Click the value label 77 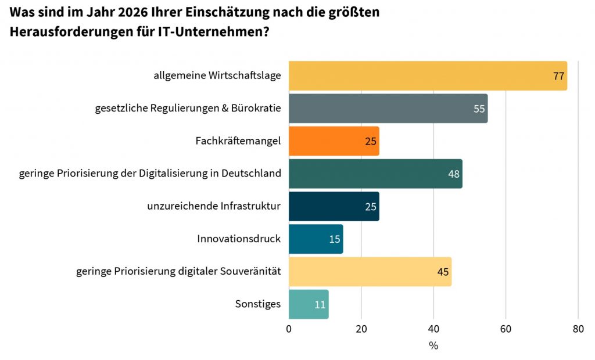559,77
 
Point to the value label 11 320,304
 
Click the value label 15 335,239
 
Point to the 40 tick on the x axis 433,329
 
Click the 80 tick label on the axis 578,329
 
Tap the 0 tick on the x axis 289,329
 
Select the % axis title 433,346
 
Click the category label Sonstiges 257,304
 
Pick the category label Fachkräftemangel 238,141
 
